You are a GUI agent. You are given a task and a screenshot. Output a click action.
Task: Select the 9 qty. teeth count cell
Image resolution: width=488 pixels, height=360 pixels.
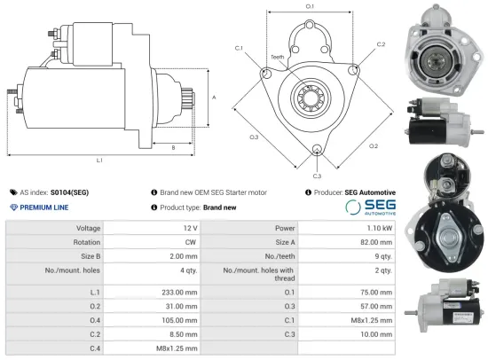[x=382, y=256]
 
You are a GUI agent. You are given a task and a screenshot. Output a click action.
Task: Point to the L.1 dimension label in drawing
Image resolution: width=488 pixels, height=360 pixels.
[x=99, y=160]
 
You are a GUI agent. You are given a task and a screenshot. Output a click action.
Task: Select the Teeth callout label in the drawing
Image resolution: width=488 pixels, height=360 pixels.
[x=278, y=57]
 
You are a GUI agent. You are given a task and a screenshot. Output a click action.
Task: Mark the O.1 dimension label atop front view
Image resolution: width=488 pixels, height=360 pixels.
[x=310, y=7]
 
